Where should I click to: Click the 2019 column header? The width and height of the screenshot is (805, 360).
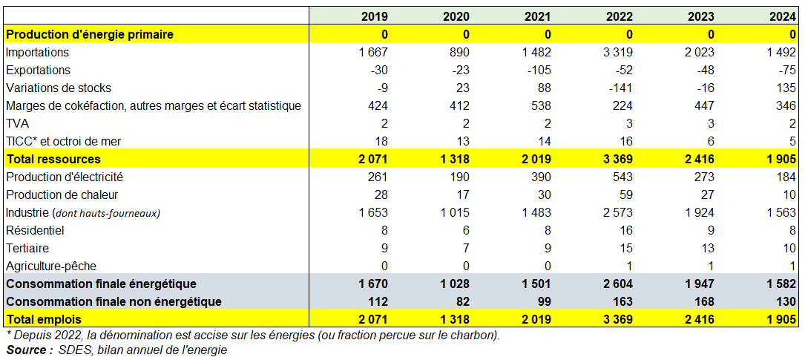pos(374,16)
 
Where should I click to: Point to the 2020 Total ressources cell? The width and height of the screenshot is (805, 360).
pos(455,159)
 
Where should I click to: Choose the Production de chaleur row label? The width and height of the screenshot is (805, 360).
pos(62,194)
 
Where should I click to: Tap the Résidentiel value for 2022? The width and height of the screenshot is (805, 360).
pos(626,230)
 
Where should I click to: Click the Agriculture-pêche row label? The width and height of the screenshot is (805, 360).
pos(50,266)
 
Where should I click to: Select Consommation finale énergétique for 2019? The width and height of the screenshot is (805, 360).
pos(373,284)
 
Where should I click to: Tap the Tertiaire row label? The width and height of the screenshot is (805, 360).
pos(27,248)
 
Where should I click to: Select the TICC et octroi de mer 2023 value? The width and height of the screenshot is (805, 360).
pos(710,141)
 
